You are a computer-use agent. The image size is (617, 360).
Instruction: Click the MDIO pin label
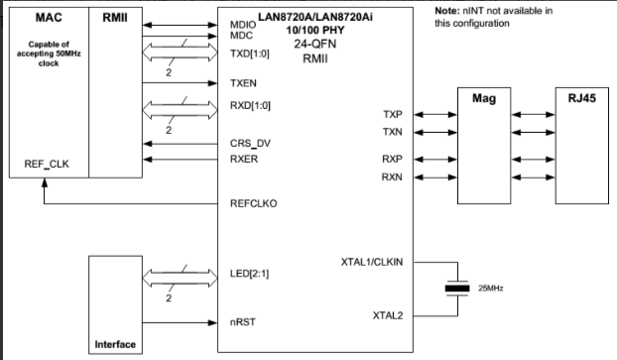(x=242, y=23)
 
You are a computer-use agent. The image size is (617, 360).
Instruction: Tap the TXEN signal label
(x=244, y=84)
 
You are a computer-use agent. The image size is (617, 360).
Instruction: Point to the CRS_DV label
(x=250, y=143)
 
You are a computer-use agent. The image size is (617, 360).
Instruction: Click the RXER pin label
(x=244, y=157)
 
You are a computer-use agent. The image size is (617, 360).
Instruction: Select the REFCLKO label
(x=253, y=203)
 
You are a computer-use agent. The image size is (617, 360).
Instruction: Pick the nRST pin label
(x=242, y=322)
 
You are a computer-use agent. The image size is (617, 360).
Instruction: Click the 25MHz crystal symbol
(x=456, y=289)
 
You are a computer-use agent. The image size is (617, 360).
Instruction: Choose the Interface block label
(x=115, y=344)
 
